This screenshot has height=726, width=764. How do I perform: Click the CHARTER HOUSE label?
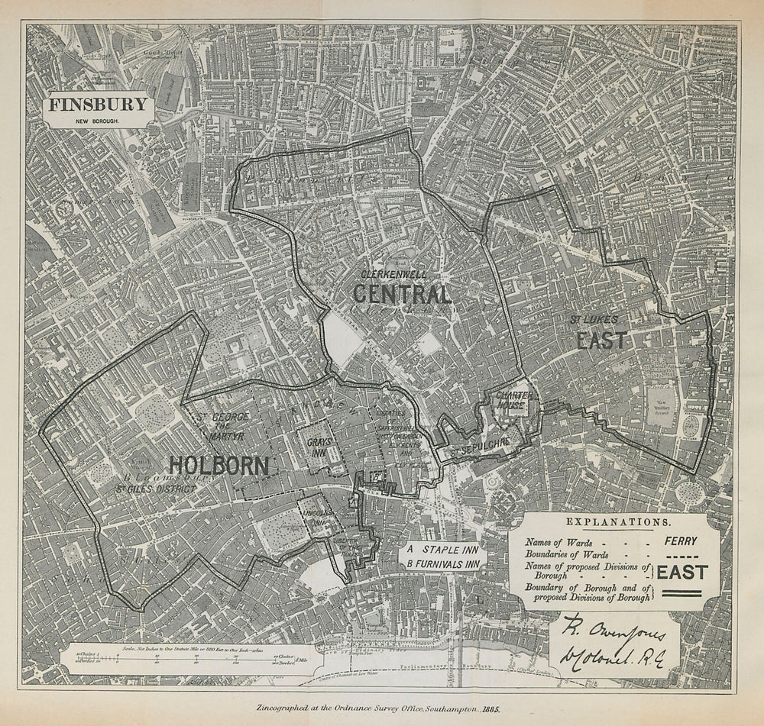point(512,401)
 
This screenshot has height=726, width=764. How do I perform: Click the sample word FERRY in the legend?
point(680,541)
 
